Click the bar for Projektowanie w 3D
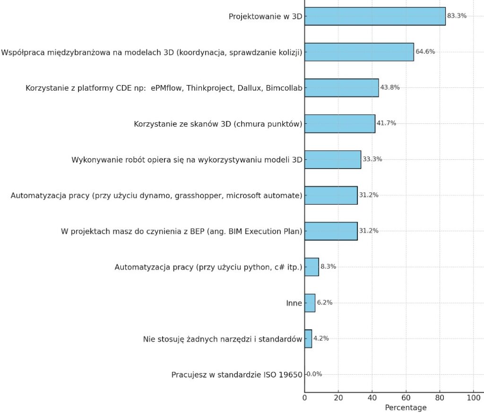[375, 16]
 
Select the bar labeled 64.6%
[359, 52]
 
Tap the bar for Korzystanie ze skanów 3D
[340, 124]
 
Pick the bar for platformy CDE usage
[342, 88]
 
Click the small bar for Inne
[310, 303]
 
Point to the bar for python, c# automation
[311, 267]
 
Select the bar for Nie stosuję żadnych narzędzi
[308, 339]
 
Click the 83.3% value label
[457, 16]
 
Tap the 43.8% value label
[390, 87]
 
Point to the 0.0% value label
[314, 374]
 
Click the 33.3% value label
[372, 159]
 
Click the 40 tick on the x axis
[372, 398]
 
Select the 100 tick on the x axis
[474, 398]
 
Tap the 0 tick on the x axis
[305, 398]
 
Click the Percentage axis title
[406, 407]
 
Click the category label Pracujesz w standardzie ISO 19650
[237, 375]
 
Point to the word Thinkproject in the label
[208, 88]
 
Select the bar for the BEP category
[331, 231]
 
